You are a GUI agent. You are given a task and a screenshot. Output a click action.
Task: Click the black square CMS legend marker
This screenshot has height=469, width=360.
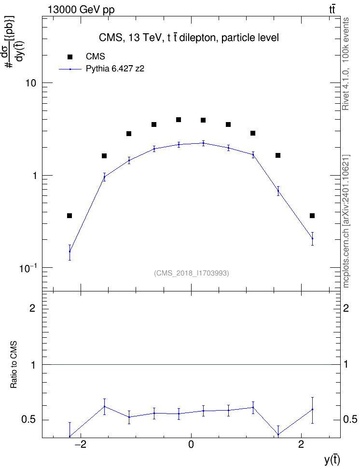(69, 56)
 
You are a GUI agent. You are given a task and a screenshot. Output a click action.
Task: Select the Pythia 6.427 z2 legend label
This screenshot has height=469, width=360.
(115, 69)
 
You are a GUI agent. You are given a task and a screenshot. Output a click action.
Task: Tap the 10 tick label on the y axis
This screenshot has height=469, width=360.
(30, 83)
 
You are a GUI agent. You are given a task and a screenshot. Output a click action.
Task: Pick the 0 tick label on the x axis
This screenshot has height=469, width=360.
(191, 444)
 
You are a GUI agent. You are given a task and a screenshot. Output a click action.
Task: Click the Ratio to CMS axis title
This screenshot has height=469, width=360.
(14, 365)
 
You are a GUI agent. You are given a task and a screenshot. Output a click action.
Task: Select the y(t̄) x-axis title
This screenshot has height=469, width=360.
(332, 460)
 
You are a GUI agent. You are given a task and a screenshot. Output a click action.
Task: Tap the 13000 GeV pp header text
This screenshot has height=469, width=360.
(81, 10)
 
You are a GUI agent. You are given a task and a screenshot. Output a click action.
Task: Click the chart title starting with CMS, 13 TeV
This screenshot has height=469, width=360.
(189, 38)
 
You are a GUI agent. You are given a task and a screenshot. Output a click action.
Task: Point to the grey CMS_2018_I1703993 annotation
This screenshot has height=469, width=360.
(192, 273)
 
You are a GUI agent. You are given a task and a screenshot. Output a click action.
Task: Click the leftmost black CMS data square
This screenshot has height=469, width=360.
(69, 216)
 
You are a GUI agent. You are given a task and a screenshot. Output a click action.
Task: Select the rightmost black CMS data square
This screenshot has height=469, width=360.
(312, 216)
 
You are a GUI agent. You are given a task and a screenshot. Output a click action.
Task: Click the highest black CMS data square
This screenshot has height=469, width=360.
(179, 120)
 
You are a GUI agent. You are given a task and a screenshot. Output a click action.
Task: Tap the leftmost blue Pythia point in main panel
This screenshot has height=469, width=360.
(69, 251)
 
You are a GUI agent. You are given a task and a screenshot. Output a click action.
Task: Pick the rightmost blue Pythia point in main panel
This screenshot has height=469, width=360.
(312, 238)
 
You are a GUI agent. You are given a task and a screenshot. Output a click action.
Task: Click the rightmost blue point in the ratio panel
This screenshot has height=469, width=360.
(312, 409)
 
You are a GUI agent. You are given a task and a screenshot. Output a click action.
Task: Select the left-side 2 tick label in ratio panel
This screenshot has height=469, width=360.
(32, 308)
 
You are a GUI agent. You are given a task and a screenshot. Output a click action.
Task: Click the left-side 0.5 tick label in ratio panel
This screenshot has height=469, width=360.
(29, 420)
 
